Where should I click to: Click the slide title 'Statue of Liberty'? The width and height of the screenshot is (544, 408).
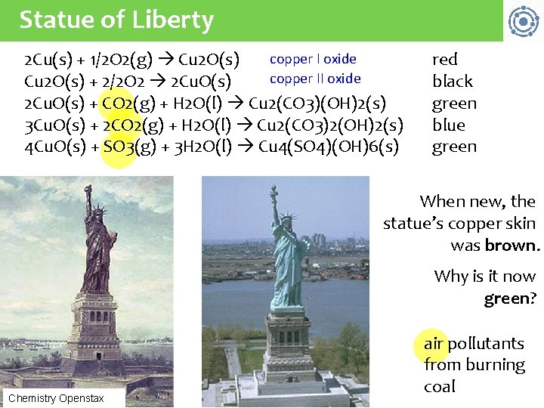pos(116,20)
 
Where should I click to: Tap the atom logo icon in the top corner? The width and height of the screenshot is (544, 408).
pos(523,21)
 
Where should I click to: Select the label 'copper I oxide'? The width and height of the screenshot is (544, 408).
pos(313,59)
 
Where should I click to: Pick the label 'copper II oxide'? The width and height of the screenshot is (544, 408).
pos(315,79)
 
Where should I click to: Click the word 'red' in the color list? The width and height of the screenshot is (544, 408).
pos(445,60)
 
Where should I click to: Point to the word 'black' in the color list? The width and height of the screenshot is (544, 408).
pos(453,81)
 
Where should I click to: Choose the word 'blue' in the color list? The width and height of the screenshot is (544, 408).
pos(449,125)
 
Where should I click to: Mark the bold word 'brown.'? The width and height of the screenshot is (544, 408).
pos(512,246)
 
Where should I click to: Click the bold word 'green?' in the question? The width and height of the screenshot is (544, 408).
pos(510,298)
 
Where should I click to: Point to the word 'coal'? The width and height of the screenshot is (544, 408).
pos(440,386)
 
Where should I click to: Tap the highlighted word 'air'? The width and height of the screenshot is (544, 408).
pos(434,344)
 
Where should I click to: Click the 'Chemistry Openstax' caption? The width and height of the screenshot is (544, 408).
pos(56,397)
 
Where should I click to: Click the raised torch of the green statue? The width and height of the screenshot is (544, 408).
pos(273,190)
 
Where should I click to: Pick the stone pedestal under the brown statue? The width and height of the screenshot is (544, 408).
pos(97,325)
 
